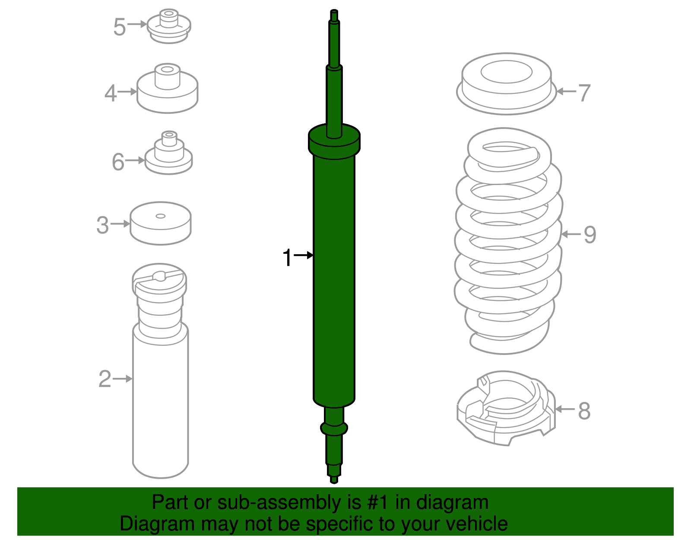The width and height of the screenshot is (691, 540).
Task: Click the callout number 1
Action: point(287,258)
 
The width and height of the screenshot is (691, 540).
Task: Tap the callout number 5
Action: point(119,27)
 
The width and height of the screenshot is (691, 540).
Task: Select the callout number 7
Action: point(584,93)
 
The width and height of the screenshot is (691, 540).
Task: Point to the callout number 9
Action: point(590,235)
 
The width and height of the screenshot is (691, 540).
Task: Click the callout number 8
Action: point(584,411)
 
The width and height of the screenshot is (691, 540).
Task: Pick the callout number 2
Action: point(105,379)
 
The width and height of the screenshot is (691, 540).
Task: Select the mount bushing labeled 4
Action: point(168,91)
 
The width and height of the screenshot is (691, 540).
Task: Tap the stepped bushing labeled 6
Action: point(168,155)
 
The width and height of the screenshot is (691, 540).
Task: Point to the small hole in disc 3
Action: point(161,216)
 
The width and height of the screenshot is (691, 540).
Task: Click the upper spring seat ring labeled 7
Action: point(506,84)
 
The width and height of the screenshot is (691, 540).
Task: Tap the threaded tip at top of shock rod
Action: point(334,15)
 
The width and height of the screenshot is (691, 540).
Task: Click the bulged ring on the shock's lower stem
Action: point(334,428)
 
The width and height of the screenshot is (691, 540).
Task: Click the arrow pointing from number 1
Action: point(304,256)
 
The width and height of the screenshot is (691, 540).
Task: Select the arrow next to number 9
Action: point(571,234)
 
